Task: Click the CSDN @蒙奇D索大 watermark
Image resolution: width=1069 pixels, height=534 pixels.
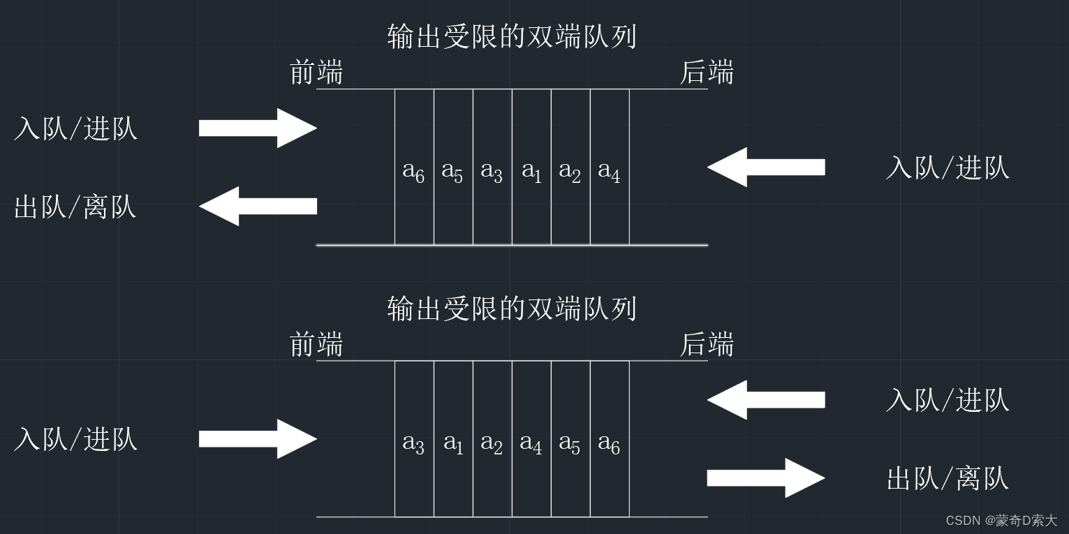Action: (1001, 521)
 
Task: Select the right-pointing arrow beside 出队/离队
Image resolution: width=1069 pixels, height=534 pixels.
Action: (766, 478)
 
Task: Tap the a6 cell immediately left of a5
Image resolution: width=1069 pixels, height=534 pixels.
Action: (414, 170)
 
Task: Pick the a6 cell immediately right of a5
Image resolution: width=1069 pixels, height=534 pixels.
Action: (610, 444)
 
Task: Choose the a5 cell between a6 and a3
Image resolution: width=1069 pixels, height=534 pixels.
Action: (453, 170)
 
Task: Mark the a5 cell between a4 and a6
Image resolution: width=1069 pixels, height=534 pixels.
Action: (570, 444)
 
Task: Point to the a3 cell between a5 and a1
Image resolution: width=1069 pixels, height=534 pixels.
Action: (492, 170)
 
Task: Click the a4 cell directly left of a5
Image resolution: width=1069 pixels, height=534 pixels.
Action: (531, 444)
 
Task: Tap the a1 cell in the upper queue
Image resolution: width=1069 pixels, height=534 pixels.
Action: (531, 170)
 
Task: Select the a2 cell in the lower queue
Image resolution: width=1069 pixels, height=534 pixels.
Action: (492, 444)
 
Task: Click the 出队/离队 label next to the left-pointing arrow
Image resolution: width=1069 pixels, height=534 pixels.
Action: (75, 207)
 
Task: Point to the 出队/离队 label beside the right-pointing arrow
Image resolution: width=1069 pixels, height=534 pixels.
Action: (948, 479)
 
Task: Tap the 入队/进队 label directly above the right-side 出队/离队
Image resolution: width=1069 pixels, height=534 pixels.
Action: (948, 400)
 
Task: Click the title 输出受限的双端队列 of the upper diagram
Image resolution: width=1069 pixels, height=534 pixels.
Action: (512, 36)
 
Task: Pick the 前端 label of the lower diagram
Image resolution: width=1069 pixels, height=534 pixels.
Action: (316, 345)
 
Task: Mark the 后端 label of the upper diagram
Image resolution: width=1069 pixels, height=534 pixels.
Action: (707, 73)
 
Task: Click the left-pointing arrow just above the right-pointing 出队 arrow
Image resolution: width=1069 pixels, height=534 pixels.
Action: (766, 400)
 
